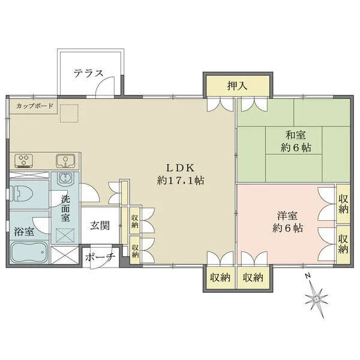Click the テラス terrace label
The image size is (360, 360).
pos(88,73)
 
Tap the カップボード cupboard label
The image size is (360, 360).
pos(35,106)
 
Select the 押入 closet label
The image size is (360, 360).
pos(238,86)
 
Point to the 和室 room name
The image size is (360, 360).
pos(296,135)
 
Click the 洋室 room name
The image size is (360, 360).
pos(287,216)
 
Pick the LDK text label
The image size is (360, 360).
pos(181,168)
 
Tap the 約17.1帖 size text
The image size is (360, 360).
pos(181,181)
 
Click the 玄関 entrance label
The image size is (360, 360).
pos(100,226)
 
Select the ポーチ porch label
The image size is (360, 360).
pos(100,257)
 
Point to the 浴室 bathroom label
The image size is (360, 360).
pos(24,232)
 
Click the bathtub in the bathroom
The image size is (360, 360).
pos(29,252)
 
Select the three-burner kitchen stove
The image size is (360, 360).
pos(23,160)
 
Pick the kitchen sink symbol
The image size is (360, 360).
pos(65,160)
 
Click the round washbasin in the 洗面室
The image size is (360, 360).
pos(65,178)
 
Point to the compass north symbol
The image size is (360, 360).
pos(317,299)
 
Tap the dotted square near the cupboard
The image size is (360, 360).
pos(70,113)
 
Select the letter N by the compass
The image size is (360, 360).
pos(308,275)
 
